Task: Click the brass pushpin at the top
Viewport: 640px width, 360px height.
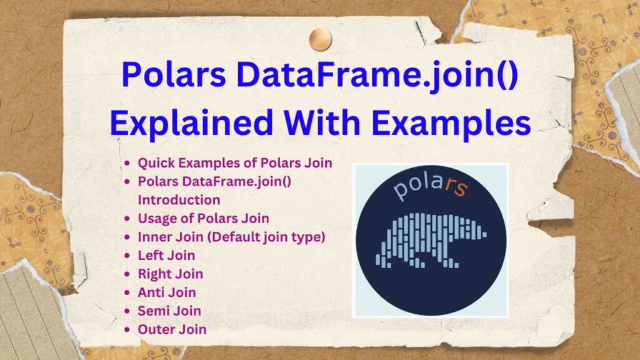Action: pyautogui.click(x=321, y=39)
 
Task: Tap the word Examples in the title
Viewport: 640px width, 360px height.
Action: pyautogui.click(x=451, y=123)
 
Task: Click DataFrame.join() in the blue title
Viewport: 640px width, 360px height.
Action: pyautogui.click(x=377, y=75)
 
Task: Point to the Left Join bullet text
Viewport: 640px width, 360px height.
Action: pyautogui.click(x=166, y=256)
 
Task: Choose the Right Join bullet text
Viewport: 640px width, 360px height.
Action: pyautogui.click(x=171, y=274)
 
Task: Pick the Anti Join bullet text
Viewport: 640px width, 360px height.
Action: pyautogui.click(x=167, y=292)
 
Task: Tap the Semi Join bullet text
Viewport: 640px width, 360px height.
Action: pyautogui.click(x=169, y=311)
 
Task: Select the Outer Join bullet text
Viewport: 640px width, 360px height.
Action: pyautogui.click(x=172, y=329)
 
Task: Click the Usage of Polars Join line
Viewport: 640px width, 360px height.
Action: pyautogui.click(x=204, y=218)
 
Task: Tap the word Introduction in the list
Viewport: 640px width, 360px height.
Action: pyautogui.click(x=179, y=200)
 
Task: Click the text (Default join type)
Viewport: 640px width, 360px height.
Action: pyautogui.click(x=266, y=237)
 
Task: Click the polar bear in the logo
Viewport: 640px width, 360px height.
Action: pyautogui.click(x=431, y=241)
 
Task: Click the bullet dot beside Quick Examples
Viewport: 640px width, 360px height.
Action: pyautogui.click(x=127, y=163)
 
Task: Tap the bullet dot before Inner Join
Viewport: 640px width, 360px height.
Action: pyautogui.click(x=127, y=237)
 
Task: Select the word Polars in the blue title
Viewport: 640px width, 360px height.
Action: pyautogui.click(x=174, y=74)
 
